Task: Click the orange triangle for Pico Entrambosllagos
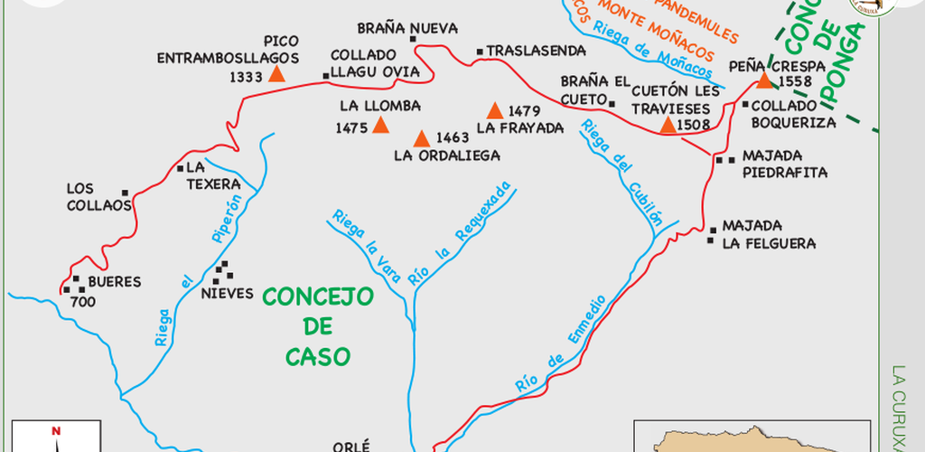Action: tap(277, 74)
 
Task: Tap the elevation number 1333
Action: tap(245, 78)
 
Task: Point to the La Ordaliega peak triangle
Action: tap(421, 139)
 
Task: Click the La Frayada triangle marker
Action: tap(494, 111)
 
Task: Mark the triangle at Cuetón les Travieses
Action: tap(668, 125)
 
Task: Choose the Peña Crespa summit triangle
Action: tap(764, 80)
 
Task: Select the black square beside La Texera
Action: tap(180, 167)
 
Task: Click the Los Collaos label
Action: tap(99, 197)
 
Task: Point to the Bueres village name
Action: tap(115, 282)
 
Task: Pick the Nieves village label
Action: tap(227, 294)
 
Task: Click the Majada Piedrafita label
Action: tap(784, 163)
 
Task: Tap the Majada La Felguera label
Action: tap(769, 234)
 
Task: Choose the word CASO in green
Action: tap(318, 356)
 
